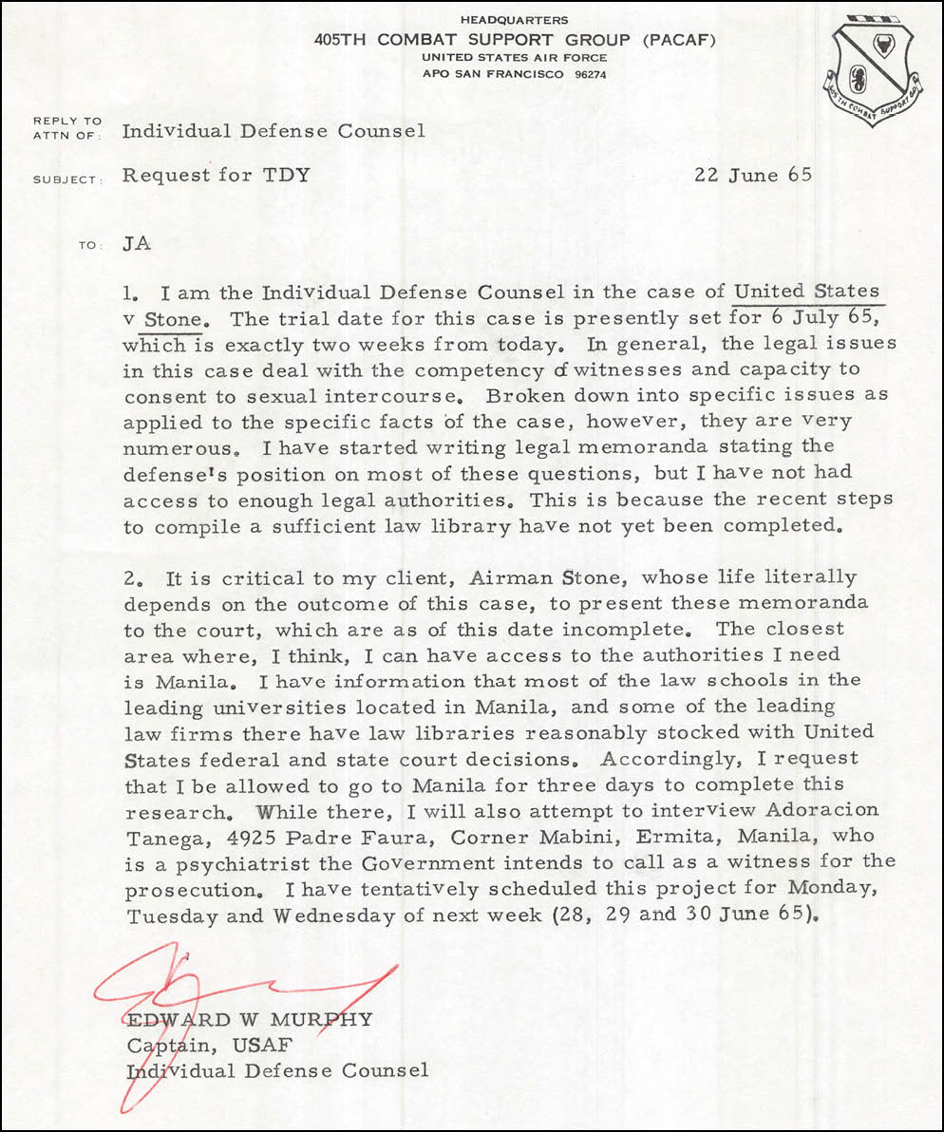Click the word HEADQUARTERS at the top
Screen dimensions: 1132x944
pyautogui.click(x=513, y=20)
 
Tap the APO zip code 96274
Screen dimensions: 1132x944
pyautogui.click(x=587, y=74)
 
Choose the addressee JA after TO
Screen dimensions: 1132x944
pyautogui.click(x=137, y=244)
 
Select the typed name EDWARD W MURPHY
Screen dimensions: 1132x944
pyautogui.click(x=250, y=1020)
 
